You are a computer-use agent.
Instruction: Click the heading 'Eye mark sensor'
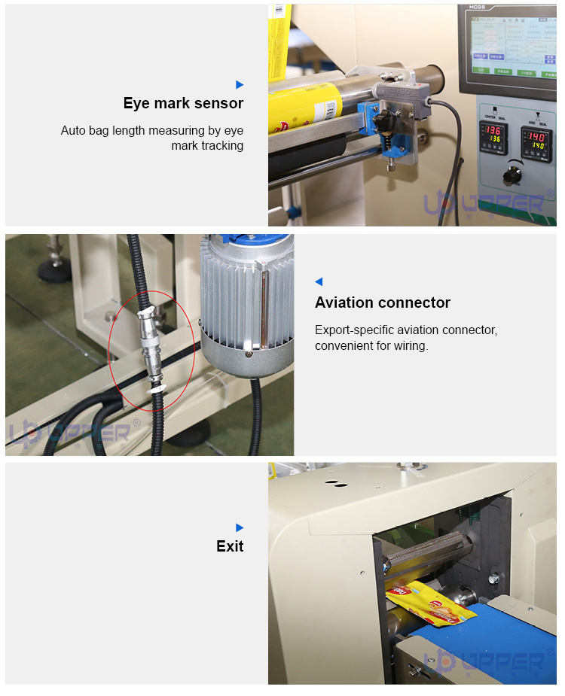[183, 103]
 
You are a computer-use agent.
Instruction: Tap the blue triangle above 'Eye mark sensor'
[240, 84]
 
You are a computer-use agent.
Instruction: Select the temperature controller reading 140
[536, 138]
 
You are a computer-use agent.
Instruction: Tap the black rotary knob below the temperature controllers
[514, 175]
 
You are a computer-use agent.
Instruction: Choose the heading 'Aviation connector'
[382, 302]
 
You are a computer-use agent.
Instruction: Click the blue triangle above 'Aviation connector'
[319, 281]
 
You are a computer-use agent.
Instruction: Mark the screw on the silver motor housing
[248, 351]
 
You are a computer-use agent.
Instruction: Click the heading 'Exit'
[230, 546]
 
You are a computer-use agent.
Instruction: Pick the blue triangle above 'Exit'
[240, 527]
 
